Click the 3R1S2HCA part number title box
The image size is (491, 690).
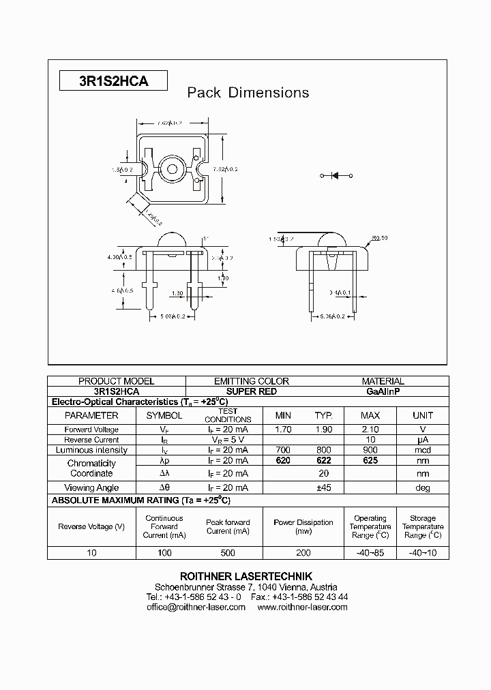pos(113,81)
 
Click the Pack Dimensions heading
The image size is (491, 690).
pos(248,93)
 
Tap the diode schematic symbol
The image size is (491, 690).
pos(336,176)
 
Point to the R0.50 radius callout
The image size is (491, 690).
pos(380,238)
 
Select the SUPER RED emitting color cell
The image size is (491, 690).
pos(251,392)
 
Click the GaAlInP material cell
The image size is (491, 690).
pos(383,392)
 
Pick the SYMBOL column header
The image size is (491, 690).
pos(164,415)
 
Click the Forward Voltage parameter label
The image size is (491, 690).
pos(91,430)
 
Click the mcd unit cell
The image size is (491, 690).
pos(423,450)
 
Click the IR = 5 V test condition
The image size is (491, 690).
pos(228,440)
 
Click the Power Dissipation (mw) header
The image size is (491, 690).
pos(303,526)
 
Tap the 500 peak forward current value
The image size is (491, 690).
pos(228,553)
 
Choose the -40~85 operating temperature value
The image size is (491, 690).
pos(370,553)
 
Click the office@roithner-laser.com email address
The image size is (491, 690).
pos(196,607)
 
